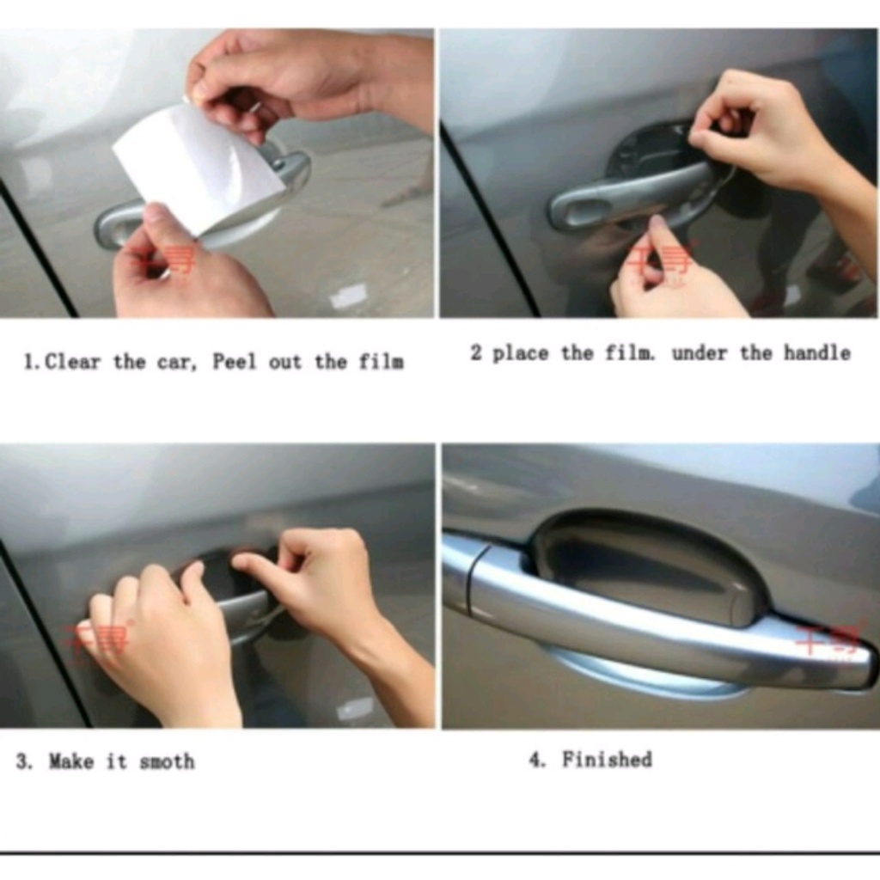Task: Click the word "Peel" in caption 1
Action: (x=235, y=362)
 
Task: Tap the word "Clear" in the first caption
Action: (x=72, y=362)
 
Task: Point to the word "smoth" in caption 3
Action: (x=167, y=761)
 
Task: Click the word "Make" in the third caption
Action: (x=71, y=761)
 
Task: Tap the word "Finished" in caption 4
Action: (x=607, y=760)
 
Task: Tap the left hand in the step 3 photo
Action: (x=159, y=640)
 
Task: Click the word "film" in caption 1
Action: (x=382, y=362)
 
